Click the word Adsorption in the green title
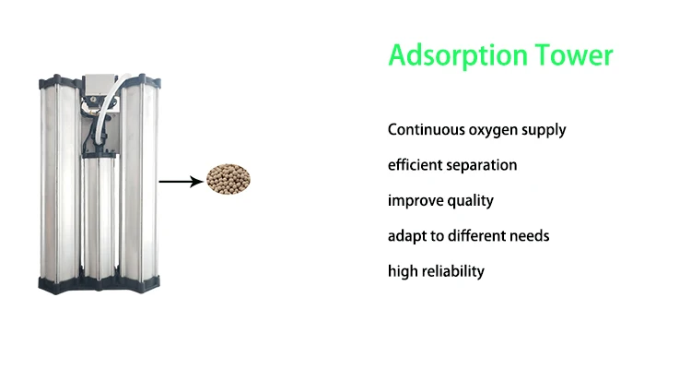tap(458, 55)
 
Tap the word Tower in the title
tap(574, 54)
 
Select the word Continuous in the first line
tap(427, 129)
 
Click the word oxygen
tap(493, 131)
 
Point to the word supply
tap(544, 131)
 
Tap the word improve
tap(416, 201)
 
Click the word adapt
tap(407, 236)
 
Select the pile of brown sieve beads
tap(228, 180)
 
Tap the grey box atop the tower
tap(100, 84)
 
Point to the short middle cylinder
tap(100, 216)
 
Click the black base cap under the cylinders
tap(100, 284)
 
